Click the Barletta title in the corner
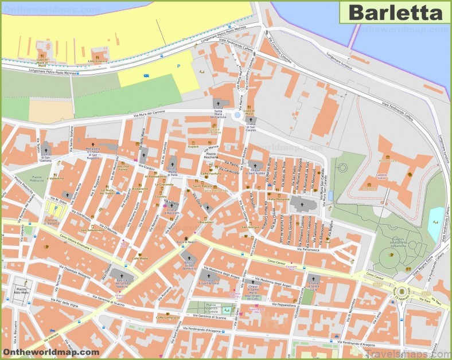pos(396,12)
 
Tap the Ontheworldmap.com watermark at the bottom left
pos(50,352)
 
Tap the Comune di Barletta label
pos(53,221)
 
